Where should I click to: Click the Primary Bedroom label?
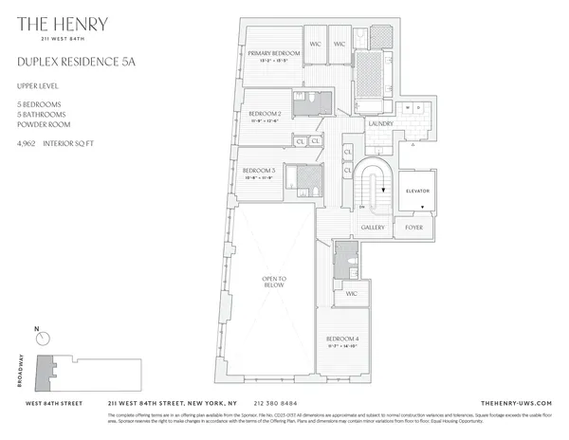pyautogui.click(x=274, y=54)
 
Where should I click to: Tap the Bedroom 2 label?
pyautogui.click(x=251, y=114)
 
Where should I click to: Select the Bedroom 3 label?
pyautogui.click(x=258, y=171)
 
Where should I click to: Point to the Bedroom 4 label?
pyautogui.click(x=341, y=339)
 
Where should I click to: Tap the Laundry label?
pyautogui.click(x=382, y=121)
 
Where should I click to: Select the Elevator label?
pyautogui.click(x=418, y=191)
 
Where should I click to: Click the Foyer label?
pyautogui.click(x=414, y=228)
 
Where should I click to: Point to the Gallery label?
pyautogui.click(x=373, y=228)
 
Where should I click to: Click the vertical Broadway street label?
pyautogui.click(x=20, y=373)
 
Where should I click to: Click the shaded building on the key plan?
pyautogui.click(x=45, y=372)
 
